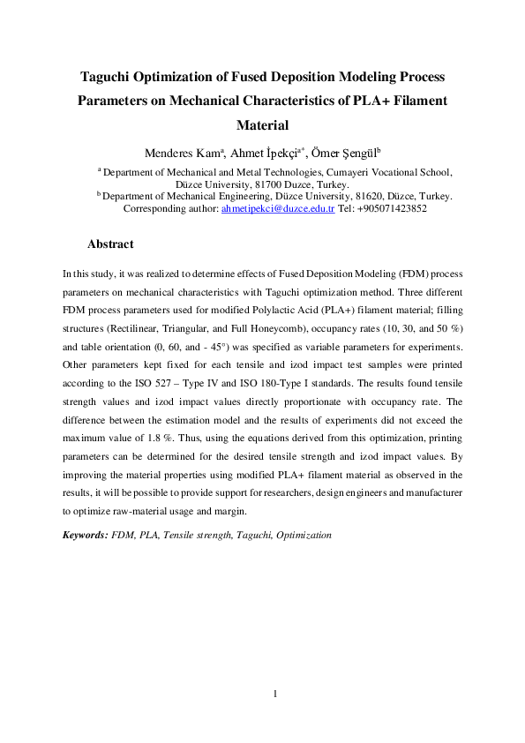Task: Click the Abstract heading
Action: [110, 244]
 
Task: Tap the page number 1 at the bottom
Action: [275, 694]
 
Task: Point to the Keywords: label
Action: [85, 535]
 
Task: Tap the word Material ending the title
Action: [263, 125]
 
